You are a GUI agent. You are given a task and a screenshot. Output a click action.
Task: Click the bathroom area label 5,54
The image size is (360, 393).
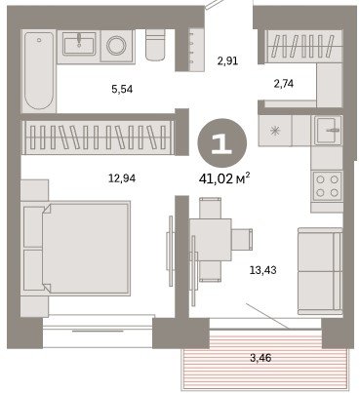(122, 89)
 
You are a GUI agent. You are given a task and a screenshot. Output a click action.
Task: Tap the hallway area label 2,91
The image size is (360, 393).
(227, 60)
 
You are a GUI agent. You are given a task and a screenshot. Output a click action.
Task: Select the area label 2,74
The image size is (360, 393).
(284, 84)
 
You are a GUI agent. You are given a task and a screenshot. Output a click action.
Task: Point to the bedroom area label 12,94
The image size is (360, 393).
(122, 178)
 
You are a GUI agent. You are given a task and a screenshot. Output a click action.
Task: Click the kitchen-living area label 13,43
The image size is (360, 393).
(263, 270)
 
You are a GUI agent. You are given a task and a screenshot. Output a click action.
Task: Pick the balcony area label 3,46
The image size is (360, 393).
(260, 358)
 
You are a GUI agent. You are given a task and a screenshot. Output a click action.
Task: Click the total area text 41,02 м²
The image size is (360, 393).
(224, 178)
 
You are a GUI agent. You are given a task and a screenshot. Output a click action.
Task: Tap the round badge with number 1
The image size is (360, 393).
(222, 143)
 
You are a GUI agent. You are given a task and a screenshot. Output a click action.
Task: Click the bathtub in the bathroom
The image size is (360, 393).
(39, 70)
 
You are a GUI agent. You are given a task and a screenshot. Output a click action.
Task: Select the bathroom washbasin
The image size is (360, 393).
(79, 44)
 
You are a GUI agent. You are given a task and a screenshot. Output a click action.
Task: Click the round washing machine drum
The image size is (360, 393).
(116, 46)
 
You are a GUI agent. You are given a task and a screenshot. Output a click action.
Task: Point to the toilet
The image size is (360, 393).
(155, 45)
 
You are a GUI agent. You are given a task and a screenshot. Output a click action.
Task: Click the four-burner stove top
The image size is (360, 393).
(327, 186)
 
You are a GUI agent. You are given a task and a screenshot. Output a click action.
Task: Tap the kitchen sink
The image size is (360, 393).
(328, 130)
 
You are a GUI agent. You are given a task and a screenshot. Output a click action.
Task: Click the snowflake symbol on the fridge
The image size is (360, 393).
(275, 131)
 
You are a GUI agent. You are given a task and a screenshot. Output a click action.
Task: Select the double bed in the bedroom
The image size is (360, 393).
(76, 249)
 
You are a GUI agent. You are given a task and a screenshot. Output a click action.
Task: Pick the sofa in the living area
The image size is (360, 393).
(320, 271)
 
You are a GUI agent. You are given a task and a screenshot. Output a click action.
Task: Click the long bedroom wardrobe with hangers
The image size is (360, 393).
(97, 137)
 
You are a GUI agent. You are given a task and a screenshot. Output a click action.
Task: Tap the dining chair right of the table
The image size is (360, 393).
(242, 239)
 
